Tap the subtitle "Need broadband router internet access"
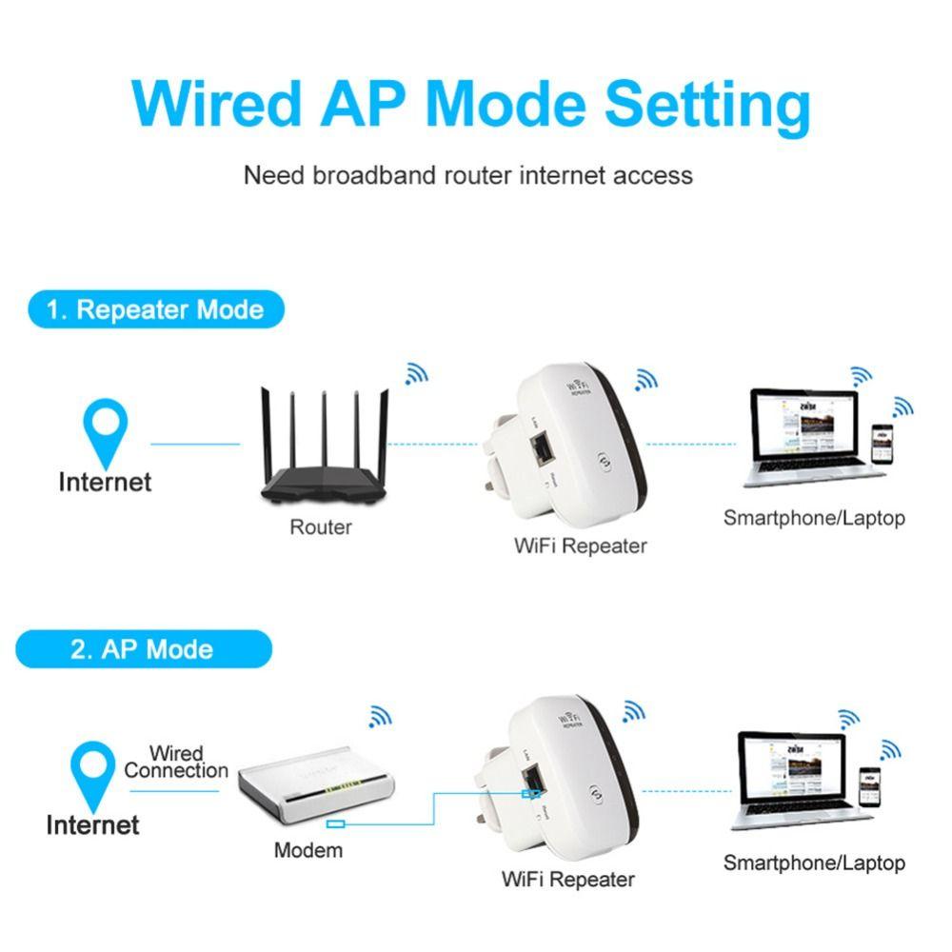467,175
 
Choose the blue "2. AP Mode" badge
143,649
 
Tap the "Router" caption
321,526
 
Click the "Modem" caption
307,850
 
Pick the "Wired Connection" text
176,762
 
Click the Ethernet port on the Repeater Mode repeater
541,445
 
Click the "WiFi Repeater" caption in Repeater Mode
580,545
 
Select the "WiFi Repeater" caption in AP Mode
567,879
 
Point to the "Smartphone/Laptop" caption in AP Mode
813,863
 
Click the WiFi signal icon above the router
416,373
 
